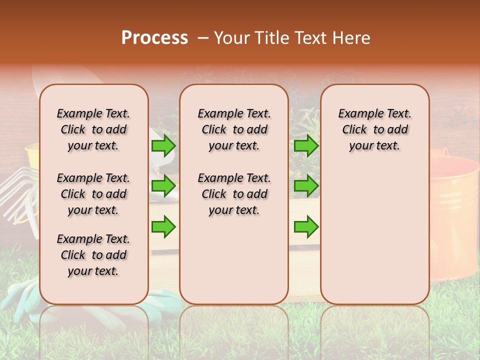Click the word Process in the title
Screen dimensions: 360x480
[x=154, y=38]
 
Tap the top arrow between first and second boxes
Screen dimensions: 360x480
[x=163, y=145]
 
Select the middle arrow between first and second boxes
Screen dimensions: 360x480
[x=163, y=186]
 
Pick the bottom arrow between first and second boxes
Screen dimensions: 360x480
[x=163, y=226]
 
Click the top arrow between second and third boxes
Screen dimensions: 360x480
[x=306, y=145]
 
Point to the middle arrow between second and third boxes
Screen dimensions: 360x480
[x=306, y=186]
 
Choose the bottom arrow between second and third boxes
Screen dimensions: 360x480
[x=306, y=226]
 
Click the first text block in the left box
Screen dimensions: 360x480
[x=93, y=129]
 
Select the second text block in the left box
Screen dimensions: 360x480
[x=93, y=194]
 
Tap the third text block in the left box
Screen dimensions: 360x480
[x=93, y=255]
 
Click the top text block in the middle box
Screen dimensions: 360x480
[x=234, y=129]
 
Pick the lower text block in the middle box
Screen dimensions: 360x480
[x=234, y=194]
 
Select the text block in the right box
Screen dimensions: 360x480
[x=374, y=129]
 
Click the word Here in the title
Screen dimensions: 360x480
[x=352, y=38]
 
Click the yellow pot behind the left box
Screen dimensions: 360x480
[x=32, y=155]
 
